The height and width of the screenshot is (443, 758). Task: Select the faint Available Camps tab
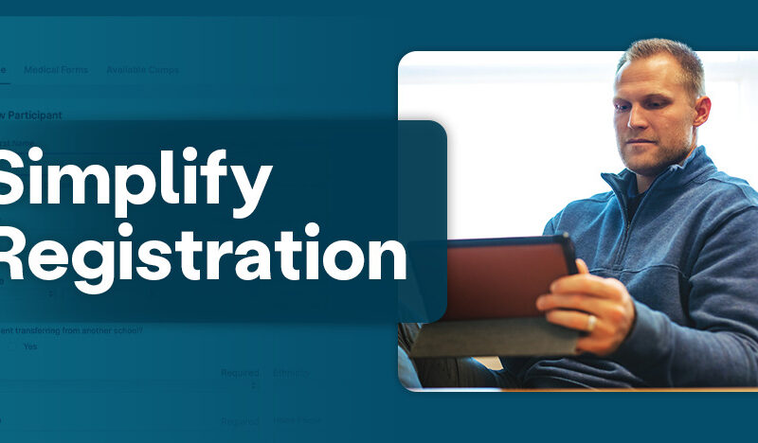[142, 70]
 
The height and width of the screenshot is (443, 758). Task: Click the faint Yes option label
[29, 346]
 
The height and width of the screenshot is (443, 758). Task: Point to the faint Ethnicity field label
[291, 373]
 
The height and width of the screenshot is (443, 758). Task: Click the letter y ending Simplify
[251, 190]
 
